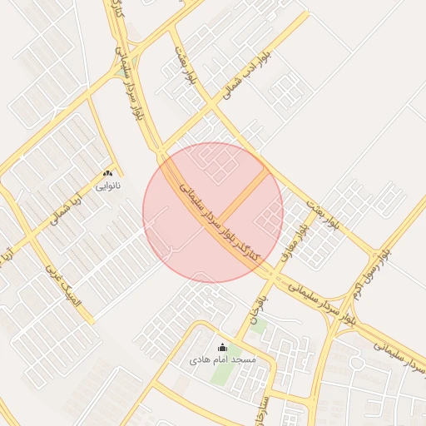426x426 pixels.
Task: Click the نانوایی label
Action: coord(108,186)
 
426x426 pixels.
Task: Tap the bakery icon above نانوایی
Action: coord(108,173)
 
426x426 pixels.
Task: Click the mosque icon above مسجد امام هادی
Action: coord(221,347)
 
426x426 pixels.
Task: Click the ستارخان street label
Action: coord(265,410)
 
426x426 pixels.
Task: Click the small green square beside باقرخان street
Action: coord(258,327)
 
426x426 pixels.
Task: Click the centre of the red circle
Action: coord(213,213)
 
